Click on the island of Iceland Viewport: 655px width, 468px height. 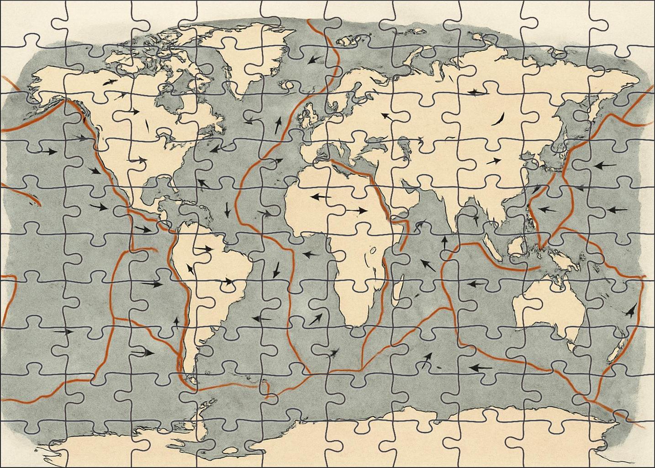(288, 85)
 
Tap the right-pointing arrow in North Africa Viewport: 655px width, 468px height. (356, 210)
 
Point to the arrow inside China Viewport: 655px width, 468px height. (493, 161)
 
